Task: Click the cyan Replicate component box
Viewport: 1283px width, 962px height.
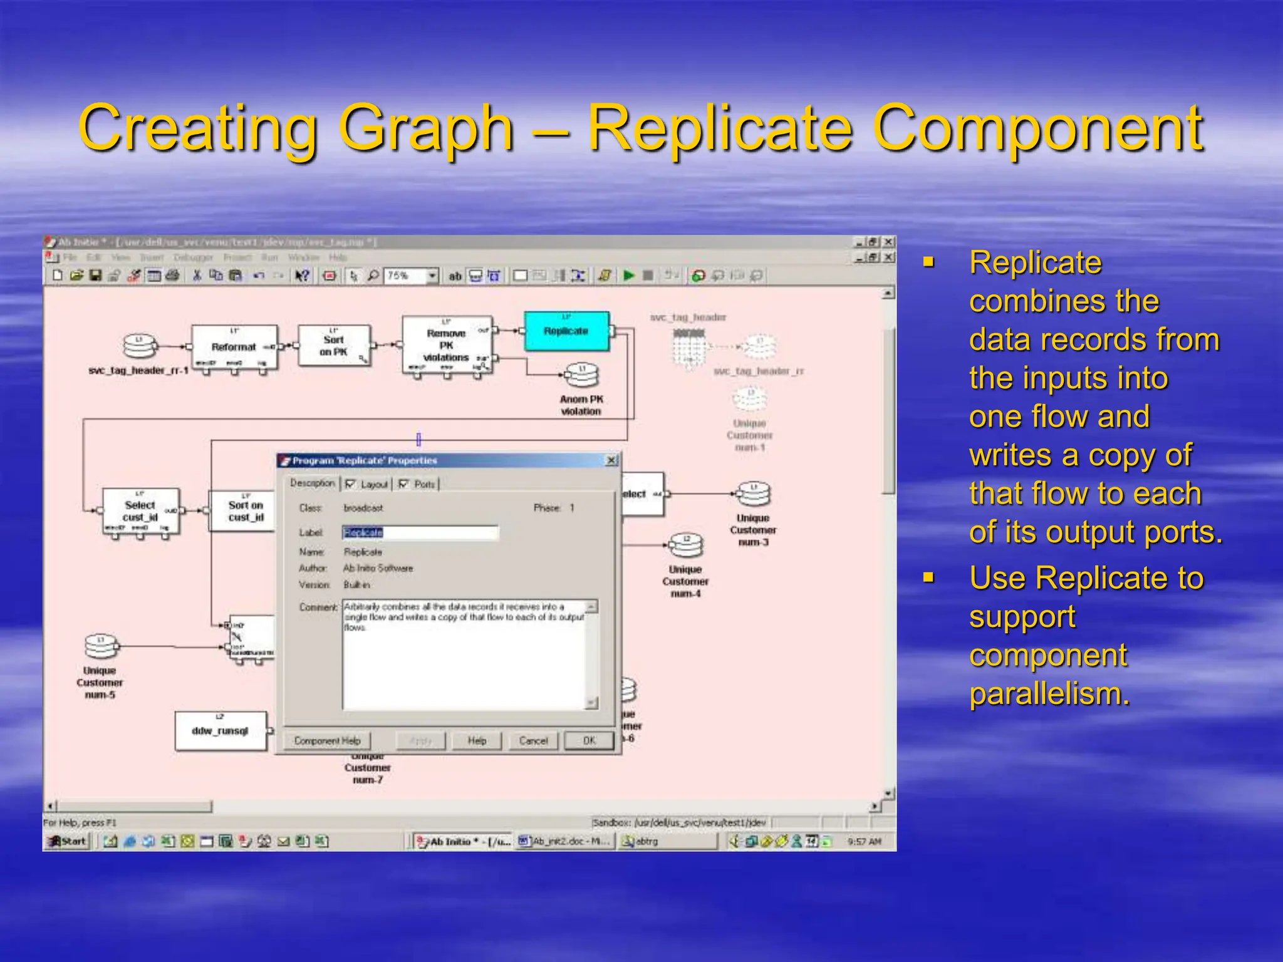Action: click(x=566, y=331)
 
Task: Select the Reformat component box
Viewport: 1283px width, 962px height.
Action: click(x=234, y=347)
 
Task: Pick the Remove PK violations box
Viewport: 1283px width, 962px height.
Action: click(x=446, y=346)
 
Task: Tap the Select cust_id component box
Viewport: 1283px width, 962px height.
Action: click(x=140, y=511)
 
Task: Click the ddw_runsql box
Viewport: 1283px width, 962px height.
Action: click(x=220, y=731)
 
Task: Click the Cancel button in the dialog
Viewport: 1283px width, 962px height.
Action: click(x=533, y=741)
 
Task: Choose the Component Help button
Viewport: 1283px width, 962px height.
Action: click(x=327, y=741)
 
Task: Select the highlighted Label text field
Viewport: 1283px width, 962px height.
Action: click(x=420, y=533)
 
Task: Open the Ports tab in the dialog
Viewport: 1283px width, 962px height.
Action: click(x=423, y=484)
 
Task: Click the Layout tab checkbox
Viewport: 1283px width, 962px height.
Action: click(x=350, y=484)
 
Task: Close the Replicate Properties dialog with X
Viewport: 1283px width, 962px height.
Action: click(x=611, y=460)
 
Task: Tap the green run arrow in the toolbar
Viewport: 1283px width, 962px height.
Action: click(x=629, y=276)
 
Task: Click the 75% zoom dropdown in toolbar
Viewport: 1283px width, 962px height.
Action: click(x=432, y=276)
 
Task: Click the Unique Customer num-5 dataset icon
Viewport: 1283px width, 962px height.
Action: click(x=100, y=646)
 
